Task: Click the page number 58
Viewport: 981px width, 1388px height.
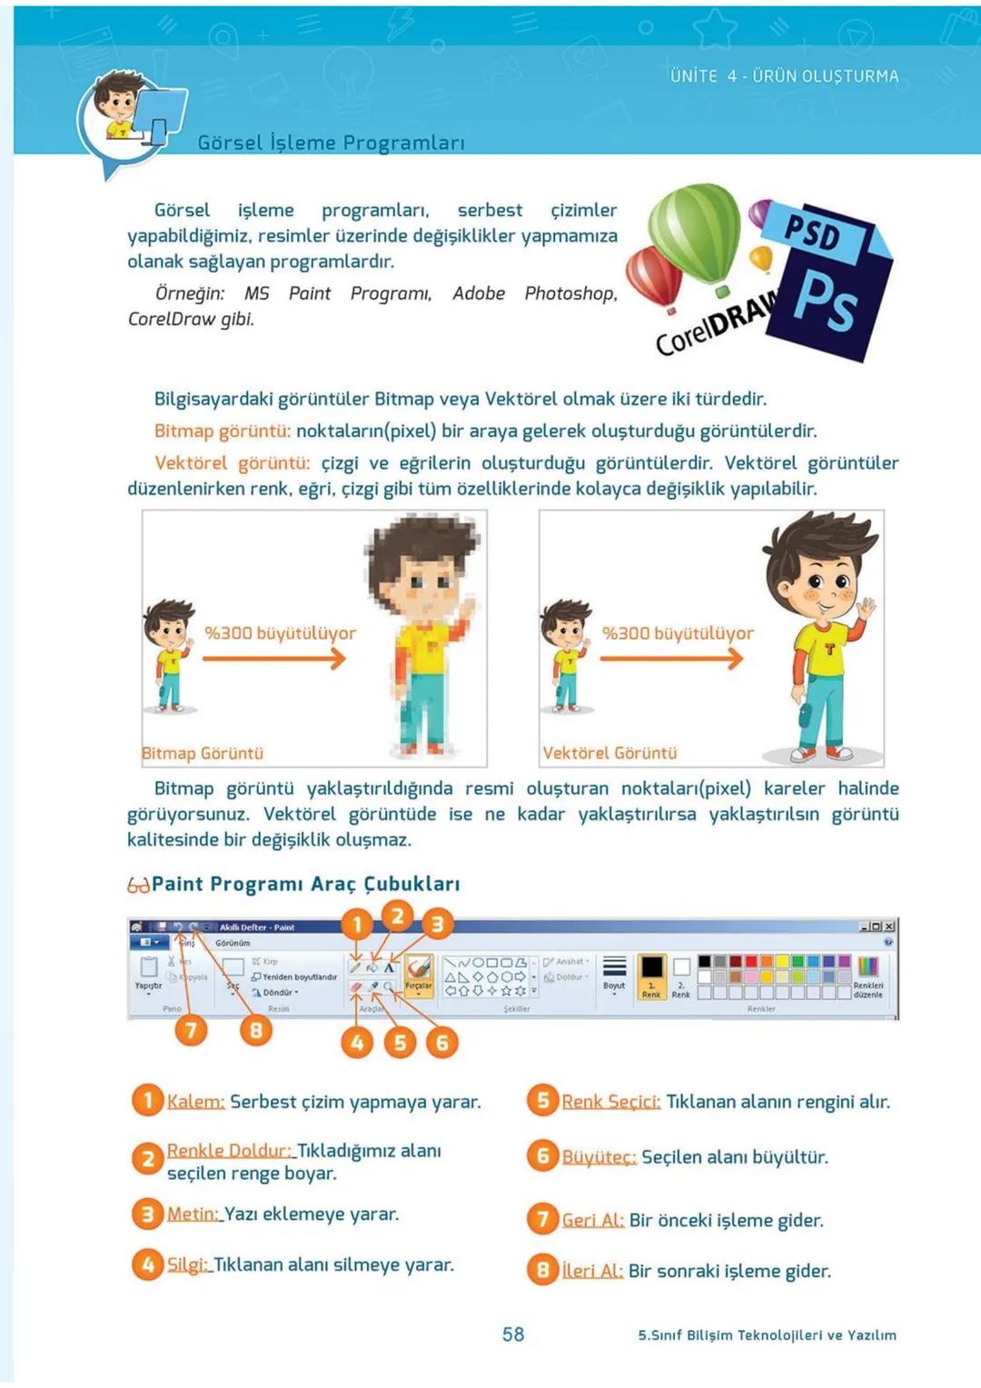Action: (513, 1333)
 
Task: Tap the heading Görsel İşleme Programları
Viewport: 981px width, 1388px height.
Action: (331, 143)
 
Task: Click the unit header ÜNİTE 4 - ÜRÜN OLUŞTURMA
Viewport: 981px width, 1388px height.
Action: (784, 76)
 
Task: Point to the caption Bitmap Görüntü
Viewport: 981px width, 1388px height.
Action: (203, 753)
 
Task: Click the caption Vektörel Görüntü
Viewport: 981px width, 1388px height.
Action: (609, 753)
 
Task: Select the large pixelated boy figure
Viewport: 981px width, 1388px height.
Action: (427, 636)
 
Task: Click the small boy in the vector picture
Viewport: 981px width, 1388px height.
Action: (566, 654)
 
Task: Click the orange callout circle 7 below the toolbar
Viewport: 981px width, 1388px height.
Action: (191, 1030)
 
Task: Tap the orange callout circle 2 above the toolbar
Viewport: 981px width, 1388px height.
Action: (397, 916)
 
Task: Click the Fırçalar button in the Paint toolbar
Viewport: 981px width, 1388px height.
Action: (419, 975)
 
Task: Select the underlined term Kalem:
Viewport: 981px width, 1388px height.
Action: (195, 1102)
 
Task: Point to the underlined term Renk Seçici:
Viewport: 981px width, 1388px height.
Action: (610, 1102)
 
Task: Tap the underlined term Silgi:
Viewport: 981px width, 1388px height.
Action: (188, 1264)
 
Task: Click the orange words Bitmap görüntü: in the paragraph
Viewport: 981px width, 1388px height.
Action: (223, 431)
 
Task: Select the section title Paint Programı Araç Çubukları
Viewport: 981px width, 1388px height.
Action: (305, 884)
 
